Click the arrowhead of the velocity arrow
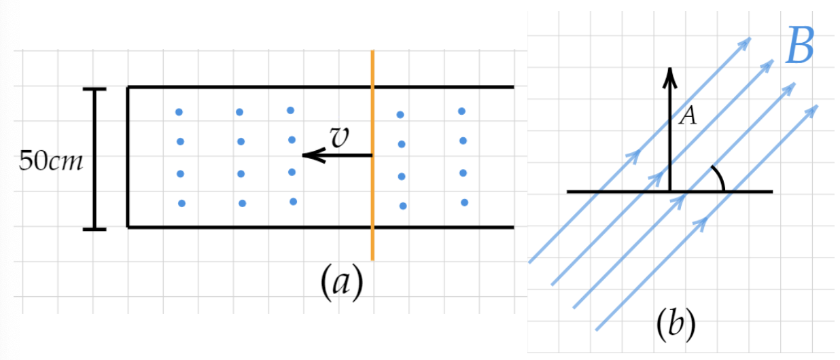coord(307,156)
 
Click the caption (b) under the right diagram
coord(676,324)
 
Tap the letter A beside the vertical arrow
coord(688,117)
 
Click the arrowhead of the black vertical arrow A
coord(670,72)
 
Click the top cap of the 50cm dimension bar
coord(94,89)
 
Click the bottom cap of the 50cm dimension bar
coord(94,230)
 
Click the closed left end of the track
coord(128,157)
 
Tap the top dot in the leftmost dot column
coord(179,112)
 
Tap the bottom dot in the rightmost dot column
coord(464,202)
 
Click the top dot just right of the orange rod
coord(400,114)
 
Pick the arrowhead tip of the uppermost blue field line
coord(750,38)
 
